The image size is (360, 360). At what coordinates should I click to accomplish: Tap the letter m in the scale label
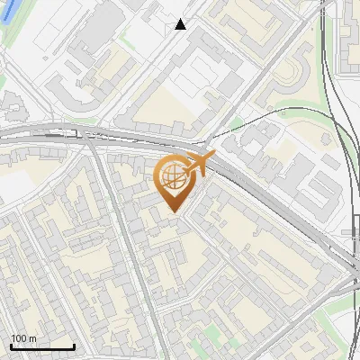[x=32, y=338]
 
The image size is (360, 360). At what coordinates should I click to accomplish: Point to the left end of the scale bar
[x=11, y=346]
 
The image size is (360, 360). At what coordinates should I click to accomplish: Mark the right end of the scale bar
[x=74, y=346]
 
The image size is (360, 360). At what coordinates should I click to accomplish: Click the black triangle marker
[x=181, y=24]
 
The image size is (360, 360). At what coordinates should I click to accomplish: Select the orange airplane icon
[x=199, y=164]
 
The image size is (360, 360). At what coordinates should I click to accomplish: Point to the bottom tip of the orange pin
[x=175, y=213]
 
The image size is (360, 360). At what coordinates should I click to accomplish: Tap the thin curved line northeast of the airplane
[x=270, y=112]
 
